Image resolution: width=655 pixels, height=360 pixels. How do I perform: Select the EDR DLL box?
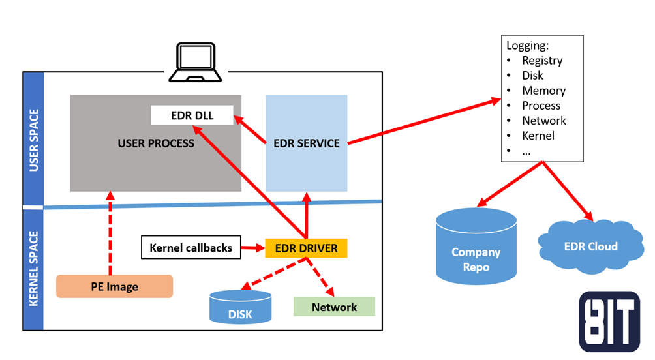tap(192, 115)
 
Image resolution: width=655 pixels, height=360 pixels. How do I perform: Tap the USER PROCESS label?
tap(156, 143)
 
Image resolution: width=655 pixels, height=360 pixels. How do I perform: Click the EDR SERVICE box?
tap(306, 143)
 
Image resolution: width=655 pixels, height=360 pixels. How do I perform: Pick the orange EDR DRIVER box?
tap(306, 248)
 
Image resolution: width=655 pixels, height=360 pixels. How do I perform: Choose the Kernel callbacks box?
tap(191, 248)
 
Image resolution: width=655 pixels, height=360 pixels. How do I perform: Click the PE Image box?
tap(114, 286)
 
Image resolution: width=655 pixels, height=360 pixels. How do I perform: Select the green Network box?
tap(334, 307)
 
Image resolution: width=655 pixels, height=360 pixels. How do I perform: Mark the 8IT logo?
tap(609, 322)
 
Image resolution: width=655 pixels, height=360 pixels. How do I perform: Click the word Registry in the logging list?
tap(542, 61)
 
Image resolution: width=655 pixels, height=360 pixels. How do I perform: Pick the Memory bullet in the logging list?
tap(543, 91)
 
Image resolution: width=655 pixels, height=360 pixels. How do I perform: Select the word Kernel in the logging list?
tap(538, 136)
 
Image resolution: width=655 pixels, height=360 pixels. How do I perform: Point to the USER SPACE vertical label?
tap(33, 141)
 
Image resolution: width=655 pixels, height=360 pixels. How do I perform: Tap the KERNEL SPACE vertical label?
tap(33, 267)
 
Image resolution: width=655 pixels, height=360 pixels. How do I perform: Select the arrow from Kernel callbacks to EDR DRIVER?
tap(253, 248)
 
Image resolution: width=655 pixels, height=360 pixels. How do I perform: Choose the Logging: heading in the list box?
tap(528, 46)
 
